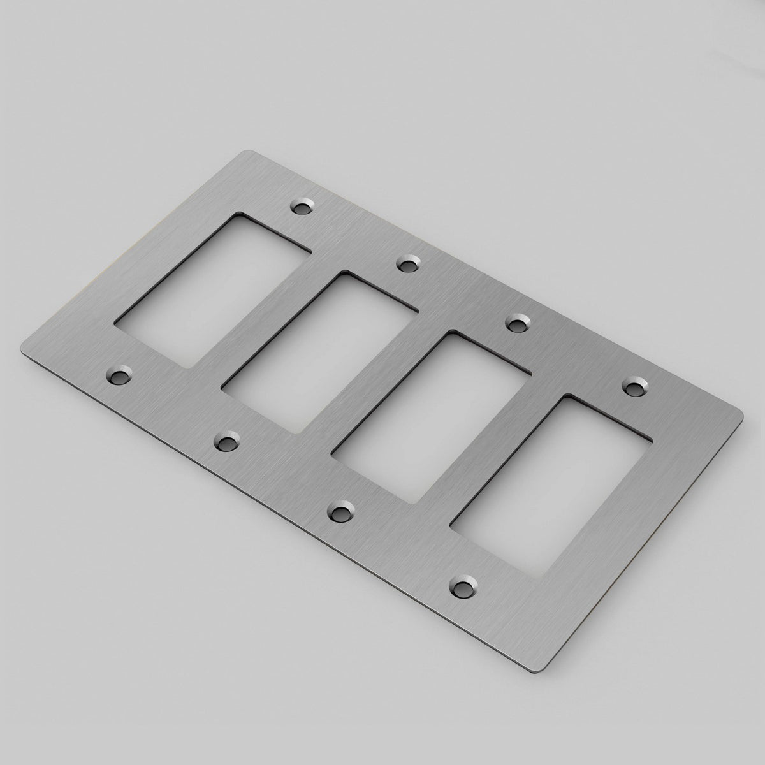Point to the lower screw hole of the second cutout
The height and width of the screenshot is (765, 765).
[x=224, y=440]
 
